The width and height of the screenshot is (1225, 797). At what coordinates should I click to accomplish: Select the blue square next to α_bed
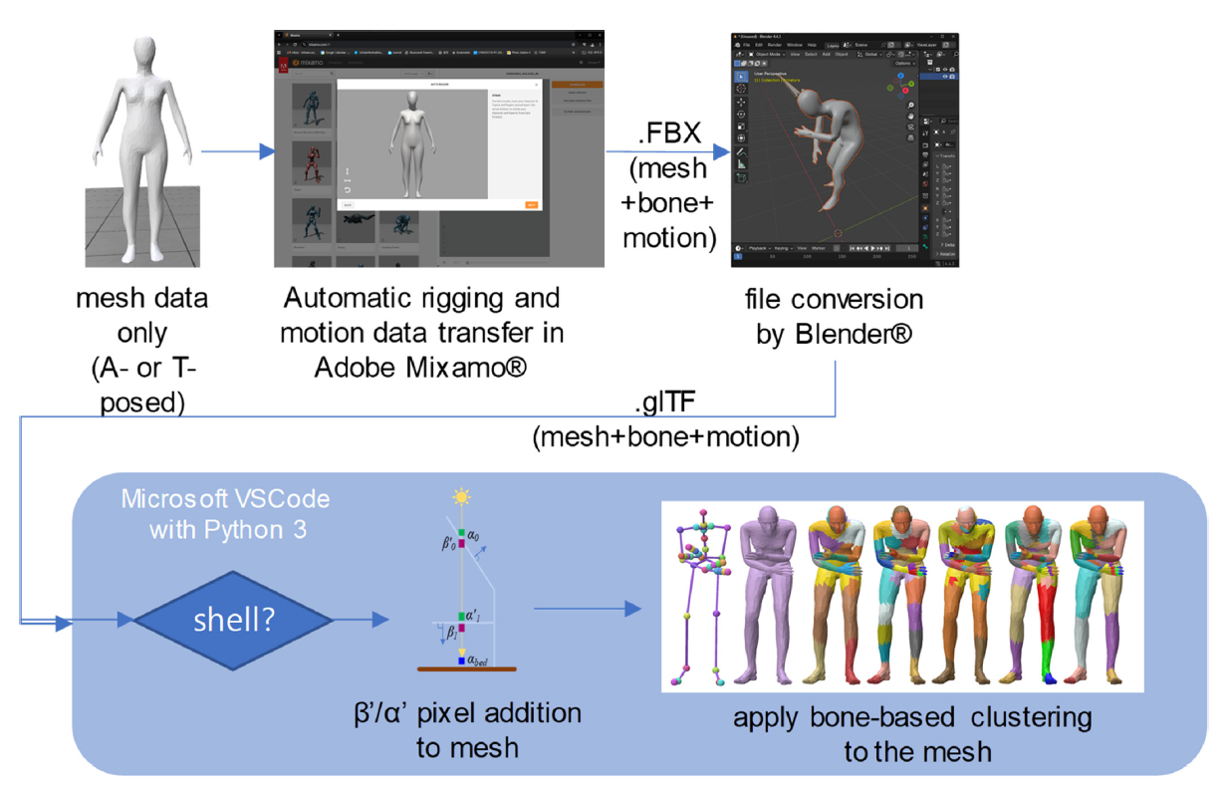coord(461,660)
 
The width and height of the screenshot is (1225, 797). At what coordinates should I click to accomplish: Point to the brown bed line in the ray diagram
coord(461,669)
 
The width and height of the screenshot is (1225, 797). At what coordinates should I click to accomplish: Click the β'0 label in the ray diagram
coord(438,546)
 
